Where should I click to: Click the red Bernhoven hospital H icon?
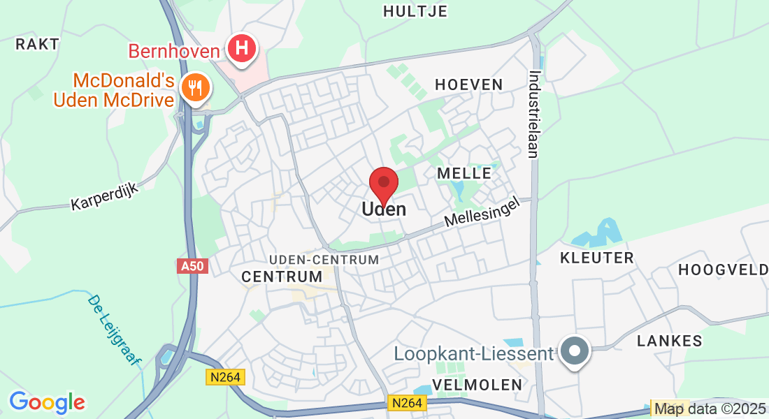pyautogui.click(x=242, y=49)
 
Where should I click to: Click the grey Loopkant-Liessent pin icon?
pyautogui.click(x=575, y=351)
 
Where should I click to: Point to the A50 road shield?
pyautogui.click(x=193, y=266)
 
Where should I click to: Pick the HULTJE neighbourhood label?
pyautogui.click(x=415, y=10)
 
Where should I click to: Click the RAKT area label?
pyautogui.click(x=37, y=44)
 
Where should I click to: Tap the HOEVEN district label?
pyautogui.click(x=469, y=84)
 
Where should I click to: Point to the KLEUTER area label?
pyautogui.click(x=597, y=258)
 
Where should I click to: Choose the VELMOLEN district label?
pyautogui.click(x=477, y=385)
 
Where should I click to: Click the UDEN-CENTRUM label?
pyautogui.click(x=324, y=259)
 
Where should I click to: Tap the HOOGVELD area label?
pyautogui.click(x=723, y=270)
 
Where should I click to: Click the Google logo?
pyautogui.click(x=47, y=402)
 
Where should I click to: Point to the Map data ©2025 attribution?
pyautogui.click(x=710, y=409)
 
